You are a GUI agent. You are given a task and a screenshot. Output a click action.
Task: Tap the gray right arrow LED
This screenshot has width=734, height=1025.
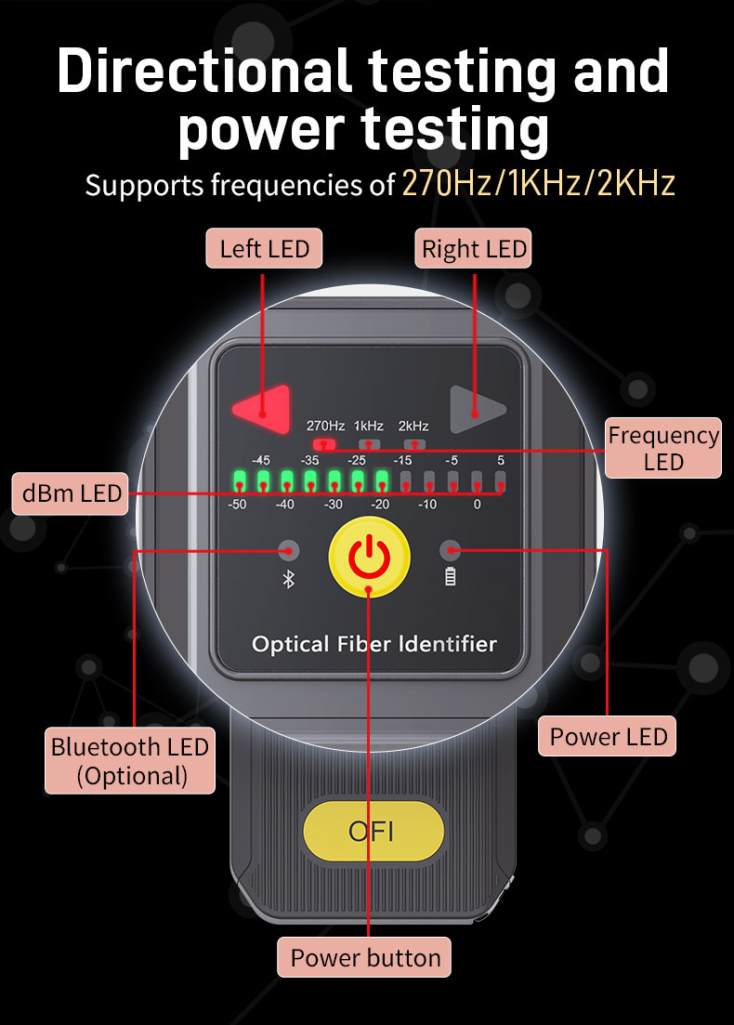(476, 409)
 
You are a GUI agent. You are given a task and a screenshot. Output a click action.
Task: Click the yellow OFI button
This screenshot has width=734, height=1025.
(374, 830)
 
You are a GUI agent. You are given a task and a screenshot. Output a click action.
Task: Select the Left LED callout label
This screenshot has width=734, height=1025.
(264, 248)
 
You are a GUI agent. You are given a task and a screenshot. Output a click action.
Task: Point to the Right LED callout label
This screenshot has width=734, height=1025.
(474, 249)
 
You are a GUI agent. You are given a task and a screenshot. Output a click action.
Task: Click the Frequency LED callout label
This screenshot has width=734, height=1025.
(662, 448)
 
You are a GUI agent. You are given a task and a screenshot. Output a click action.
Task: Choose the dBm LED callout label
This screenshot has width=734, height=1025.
(72, 493)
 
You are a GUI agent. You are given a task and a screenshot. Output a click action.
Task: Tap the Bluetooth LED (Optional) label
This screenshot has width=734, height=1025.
(130, 761)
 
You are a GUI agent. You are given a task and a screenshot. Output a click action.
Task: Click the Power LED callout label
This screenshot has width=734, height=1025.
(609, 737)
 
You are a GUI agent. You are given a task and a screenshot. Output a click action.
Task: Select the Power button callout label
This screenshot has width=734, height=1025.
(365, 957)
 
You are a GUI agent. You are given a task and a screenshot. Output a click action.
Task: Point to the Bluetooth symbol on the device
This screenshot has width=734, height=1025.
(288, 579)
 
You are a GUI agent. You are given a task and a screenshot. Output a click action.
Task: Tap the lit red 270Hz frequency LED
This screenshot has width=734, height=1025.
(323, 444)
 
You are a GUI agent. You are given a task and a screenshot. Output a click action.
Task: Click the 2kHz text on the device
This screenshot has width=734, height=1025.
(413, 426)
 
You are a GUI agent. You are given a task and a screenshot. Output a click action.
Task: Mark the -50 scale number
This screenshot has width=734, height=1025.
(237, 504)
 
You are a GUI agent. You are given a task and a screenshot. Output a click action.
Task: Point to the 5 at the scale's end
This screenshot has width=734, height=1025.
(500, 460)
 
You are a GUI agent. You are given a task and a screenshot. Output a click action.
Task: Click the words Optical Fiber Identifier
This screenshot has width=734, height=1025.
(374, 644)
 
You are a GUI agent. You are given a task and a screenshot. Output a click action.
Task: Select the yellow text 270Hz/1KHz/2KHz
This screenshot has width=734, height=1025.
(538, 183)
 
